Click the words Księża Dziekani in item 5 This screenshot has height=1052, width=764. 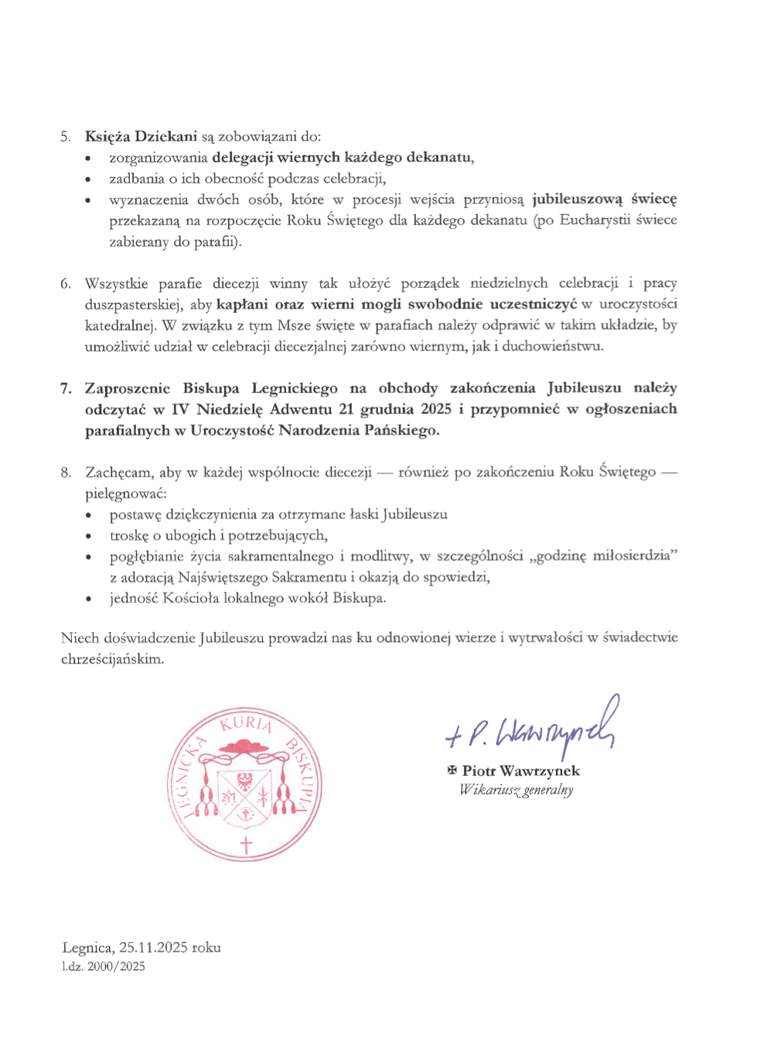pos(141,136)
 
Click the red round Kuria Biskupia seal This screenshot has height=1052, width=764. pos(244,784)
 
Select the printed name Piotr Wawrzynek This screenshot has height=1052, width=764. pos(520,770)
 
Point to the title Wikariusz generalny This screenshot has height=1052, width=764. pos(516,790)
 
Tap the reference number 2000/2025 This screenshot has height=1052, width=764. pos(116,966)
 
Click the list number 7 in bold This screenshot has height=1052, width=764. pos(66,388)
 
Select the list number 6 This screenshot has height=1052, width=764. pos(66,284)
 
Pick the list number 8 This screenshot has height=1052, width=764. pos(66,472)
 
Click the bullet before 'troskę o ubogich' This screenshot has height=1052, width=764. pos(89,536)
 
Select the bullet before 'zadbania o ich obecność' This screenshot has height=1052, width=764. pos(89,179)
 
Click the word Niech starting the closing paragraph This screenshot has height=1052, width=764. pos(80,638)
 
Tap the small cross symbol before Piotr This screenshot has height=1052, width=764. pos(452,770)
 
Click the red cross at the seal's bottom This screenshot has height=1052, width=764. pos(245,845)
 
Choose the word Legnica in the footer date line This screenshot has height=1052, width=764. pos(87,948)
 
